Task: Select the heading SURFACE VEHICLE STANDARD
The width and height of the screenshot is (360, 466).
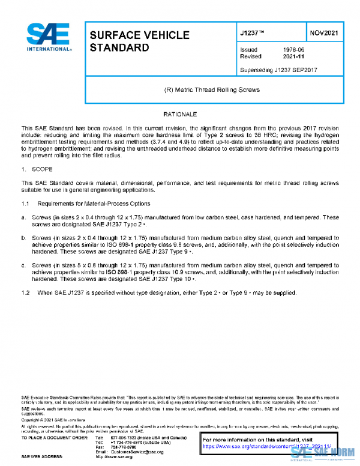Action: pos(130,41)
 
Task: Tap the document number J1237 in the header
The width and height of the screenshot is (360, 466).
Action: pos(252,33)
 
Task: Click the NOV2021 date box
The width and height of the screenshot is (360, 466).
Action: pos(325,33)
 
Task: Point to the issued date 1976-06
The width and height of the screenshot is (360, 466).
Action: pos(293,50)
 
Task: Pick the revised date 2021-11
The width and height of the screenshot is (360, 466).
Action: pos(293,56)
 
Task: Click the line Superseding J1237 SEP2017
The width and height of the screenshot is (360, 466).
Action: pos(278,70)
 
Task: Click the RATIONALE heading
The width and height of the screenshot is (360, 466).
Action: pos(180,114)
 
